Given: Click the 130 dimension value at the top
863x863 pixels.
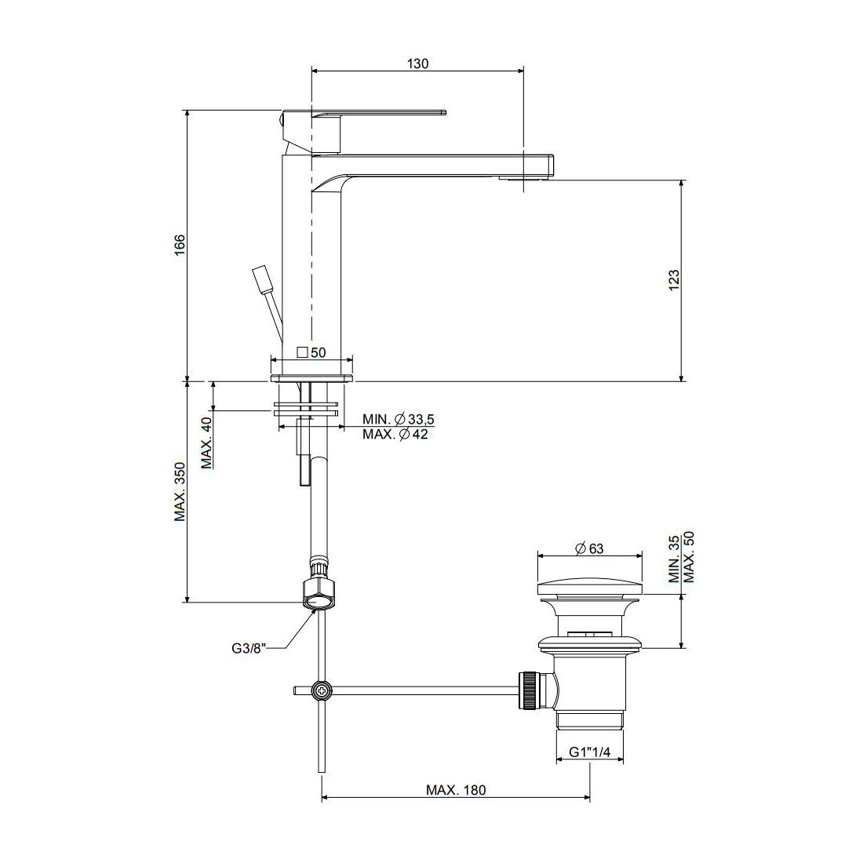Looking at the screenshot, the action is [417, 64].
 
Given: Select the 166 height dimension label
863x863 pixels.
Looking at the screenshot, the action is [180, 246].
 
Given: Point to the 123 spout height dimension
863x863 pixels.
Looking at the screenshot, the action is [674, 280].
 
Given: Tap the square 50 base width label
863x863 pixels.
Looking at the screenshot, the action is [311, 352].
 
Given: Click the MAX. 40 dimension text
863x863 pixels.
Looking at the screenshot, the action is [206, 442].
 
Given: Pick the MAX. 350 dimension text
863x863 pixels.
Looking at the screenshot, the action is [180, 491].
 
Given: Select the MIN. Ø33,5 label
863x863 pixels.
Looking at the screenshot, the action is [398, 419].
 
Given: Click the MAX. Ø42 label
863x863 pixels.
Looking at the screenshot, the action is [395, 435].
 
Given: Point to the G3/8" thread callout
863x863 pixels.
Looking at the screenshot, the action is [249, 648].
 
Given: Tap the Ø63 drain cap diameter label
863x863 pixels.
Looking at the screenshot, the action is [589, 548].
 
